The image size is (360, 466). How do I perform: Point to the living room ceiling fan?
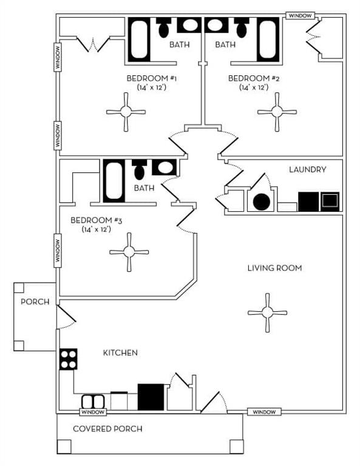pos(267,312)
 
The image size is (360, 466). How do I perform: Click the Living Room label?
pos(274,268)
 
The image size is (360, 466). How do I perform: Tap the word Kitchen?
pos(120,353)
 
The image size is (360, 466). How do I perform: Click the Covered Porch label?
pos(107,429)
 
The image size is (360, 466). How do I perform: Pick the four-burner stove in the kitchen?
pos(68,359)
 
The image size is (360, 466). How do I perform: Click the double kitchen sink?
pos(93,402)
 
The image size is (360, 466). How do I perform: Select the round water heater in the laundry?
pos(261,201)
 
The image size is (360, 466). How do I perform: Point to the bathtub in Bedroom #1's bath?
pos(138,39)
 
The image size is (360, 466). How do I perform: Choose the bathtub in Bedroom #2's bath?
pos(268,39)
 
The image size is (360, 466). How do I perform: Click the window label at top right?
pos(300,15)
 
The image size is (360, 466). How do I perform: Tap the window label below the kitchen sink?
pos(93,413)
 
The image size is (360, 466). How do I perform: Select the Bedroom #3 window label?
pos(59,251)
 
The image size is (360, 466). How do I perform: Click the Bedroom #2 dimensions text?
pos(254,87)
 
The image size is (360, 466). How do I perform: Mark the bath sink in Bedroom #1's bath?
pos(190,25)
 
